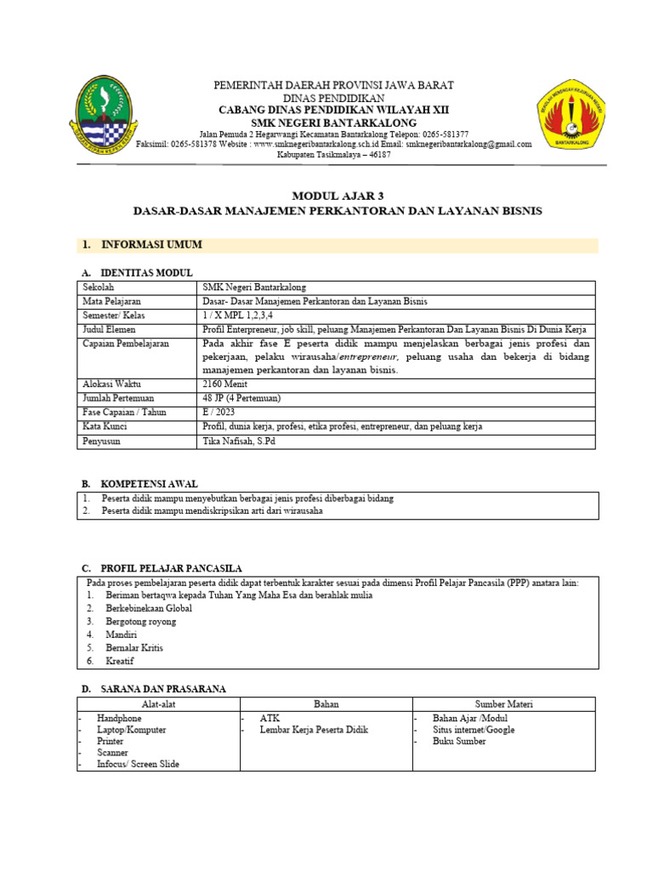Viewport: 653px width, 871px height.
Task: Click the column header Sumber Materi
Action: pyautogui.click(x=503, y=704)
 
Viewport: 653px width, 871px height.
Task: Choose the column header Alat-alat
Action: pyautogui.click(x=159, y=704)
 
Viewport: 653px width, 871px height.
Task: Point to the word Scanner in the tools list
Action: pyautogui.click(x=112, y=753)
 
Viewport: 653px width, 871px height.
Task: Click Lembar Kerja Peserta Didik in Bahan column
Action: pyautogui.click(x=314, y=730)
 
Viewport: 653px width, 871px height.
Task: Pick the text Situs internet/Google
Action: pyautogui.click(x=473, y=730)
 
